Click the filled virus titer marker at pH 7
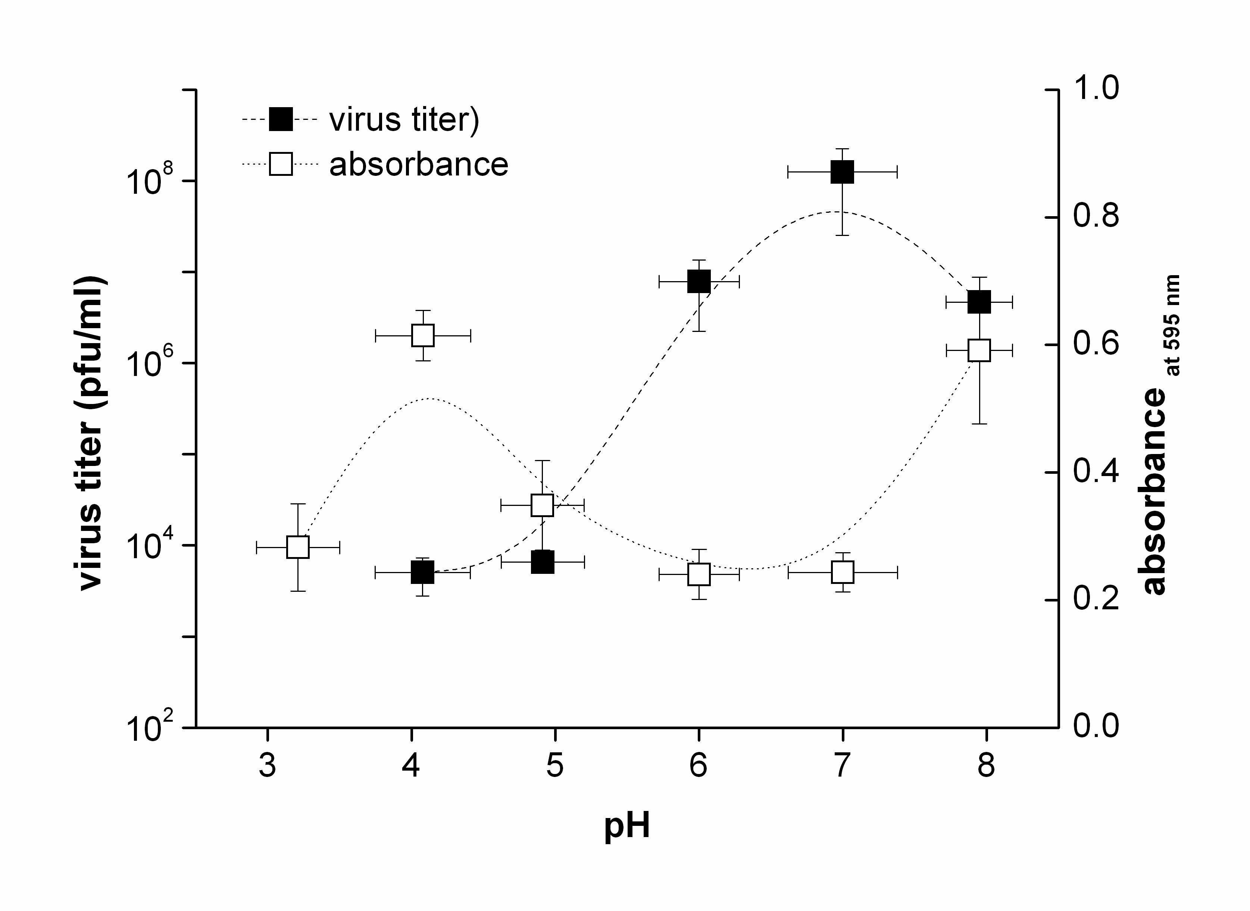coord(843,172)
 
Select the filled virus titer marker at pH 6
coord(699,281)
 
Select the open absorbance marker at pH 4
coord(423,335)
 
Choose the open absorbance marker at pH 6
coord(699,574)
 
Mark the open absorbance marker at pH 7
coord(843,572)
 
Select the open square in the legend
coord(281,164)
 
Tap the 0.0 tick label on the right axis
coord(1096,726)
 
